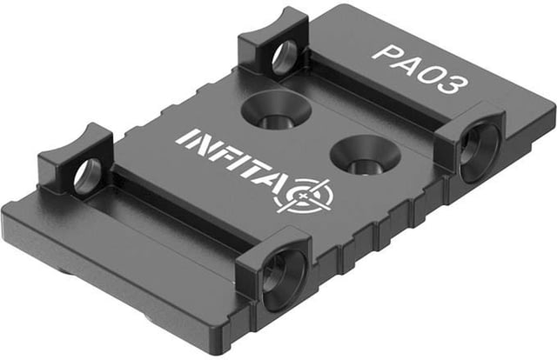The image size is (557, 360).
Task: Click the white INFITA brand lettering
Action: pos(232,160)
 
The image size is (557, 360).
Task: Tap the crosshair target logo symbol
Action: pos(303,196)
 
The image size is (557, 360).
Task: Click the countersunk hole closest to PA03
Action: pos(276,110)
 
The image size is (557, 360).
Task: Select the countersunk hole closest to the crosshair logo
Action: pos(365,156)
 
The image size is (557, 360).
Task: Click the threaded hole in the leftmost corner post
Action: pos(87,176)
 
